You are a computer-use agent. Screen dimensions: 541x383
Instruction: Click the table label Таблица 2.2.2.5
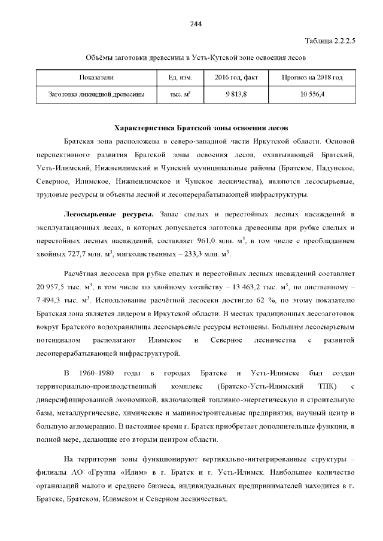point(330,41)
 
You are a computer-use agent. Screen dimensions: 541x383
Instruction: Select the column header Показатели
point(96,78)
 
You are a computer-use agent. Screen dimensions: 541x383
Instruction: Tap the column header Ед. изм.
point(172,78)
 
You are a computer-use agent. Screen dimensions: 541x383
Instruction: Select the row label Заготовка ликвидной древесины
point(96,94)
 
